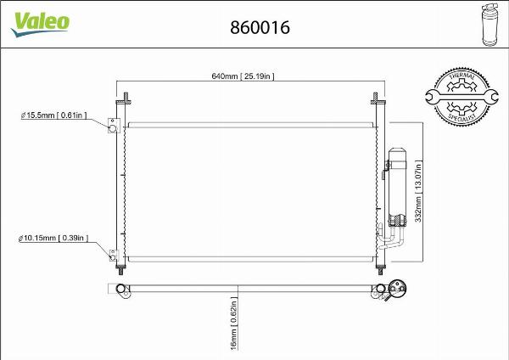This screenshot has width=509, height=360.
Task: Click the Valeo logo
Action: pyautogui.click(x=39, y=23)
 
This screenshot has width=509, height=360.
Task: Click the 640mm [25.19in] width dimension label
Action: pyautogui.click(x=242, y=76)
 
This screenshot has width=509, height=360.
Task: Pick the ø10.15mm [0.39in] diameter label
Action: pyautogui.click(x=53, y=239)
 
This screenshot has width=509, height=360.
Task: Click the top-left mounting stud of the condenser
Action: pyautogui.click(x=124, y=96)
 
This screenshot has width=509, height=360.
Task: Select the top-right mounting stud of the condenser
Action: pyautogui.click(x=376, y=96)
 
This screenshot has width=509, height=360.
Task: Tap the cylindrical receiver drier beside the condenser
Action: pyautogui.click(x=395, y=178)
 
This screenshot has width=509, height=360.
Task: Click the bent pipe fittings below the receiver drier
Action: pyautogui.click(x=394, y=233)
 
